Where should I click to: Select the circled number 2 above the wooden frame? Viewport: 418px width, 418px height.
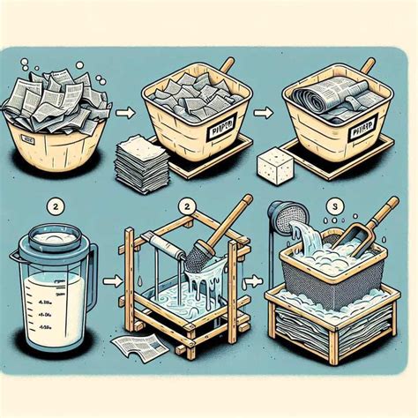pyautogui.click(x=186, y=205)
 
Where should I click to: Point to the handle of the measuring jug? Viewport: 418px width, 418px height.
pyautogui.click(x=86, y=273)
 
